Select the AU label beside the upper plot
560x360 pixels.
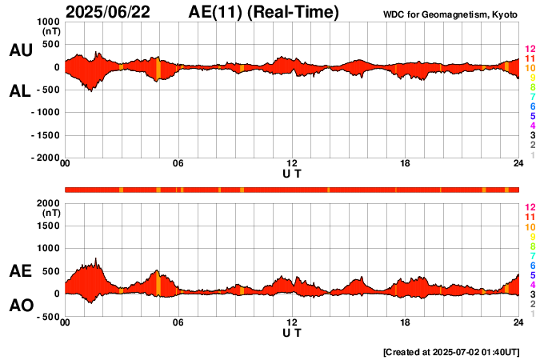pyautogui.click(x=20, y=50)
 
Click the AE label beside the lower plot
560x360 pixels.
pyautogui.click(x=20, y=271)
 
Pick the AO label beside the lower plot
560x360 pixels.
pyautogui.click(x=20, y=306)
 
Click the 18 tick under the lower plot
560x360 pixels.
pyautogui.click(x=406, y=322)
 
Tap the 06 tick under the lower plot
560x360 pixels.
pyautogui.click(x=178, y=322)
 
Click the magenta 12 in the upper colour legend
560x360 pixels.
pyautogui.click(x=530, y=50)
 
